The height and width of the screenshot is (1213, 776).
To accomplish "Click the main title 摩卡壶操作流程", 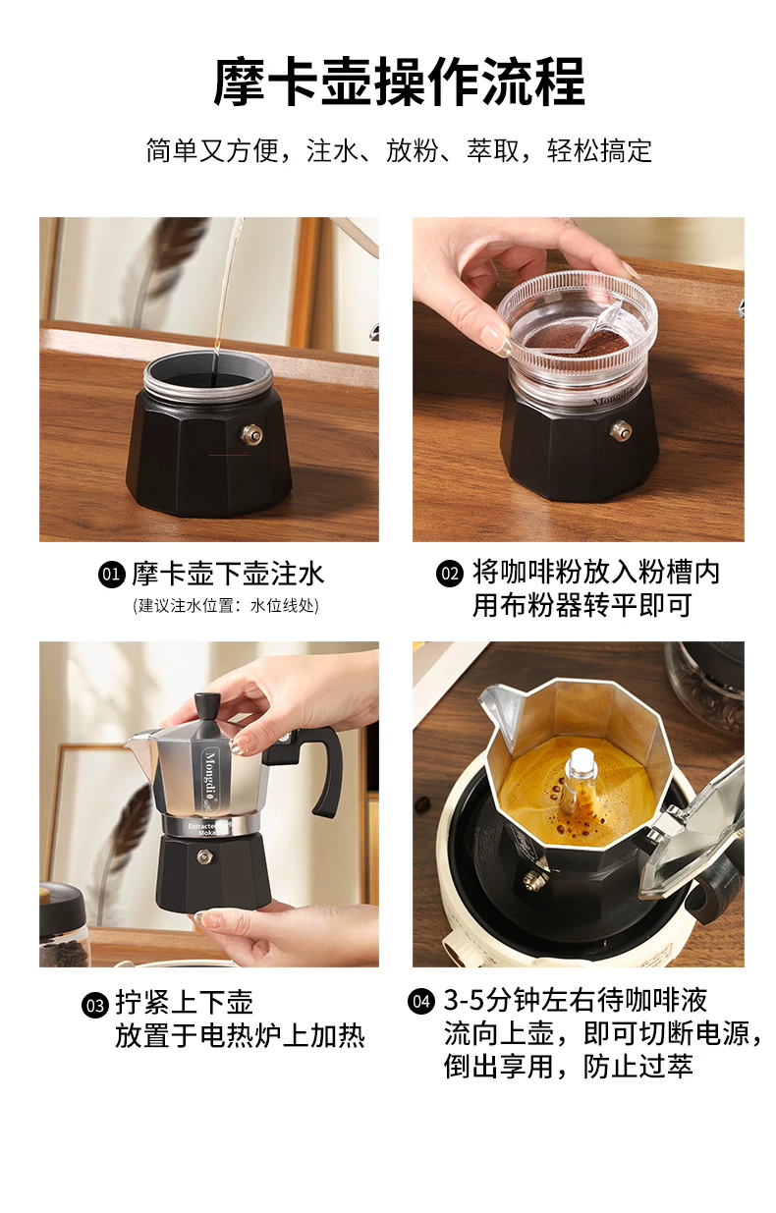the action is [x=399, y=82].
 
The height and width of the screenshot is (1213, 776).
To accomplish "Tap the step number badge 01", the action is [x=112, y=574].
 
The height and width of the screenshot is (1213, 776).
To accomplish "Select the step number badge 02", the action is [x=450, y=574].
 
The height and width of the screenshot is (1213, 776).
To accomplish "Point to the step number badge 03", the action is [x=95, y=1006].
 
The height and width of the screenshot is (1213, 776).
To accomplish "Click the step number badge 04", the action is [x=421, y=1001].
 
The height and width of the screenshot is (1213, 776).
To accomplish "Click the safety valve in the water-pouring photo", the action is [x=251, y=434].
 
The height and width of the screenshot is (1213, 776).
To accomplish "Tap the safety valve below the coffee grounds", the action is [x=621, y=431].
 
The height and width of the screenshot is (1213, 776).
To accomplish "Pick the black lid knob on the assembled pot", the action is [x=204, y=713].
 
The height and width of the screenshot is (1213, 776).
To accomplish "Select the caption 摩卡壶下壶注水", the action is [x=228, y=574].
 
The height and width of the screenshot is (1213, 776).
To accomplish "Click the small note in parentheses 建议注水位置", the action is [x=226, y=605].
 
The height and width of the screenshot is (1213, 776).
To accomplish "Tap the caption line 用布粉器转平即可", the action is [x=582, y=605].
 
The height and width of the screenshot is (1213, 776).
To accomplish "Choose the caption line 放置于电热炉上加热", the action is [x=240, y=1036].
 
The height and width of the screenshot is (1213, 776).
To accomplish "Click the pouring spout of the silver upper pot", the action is [x=141, y=745].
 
